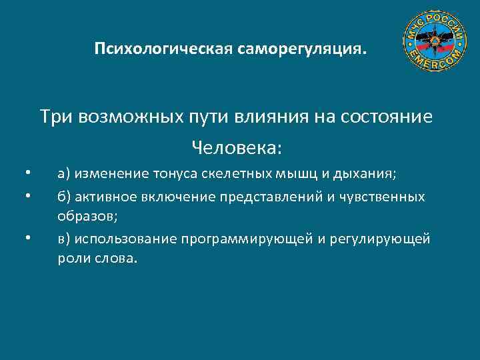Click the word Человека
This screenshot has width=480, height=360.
pyautogui.click(x=236, y=145)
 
